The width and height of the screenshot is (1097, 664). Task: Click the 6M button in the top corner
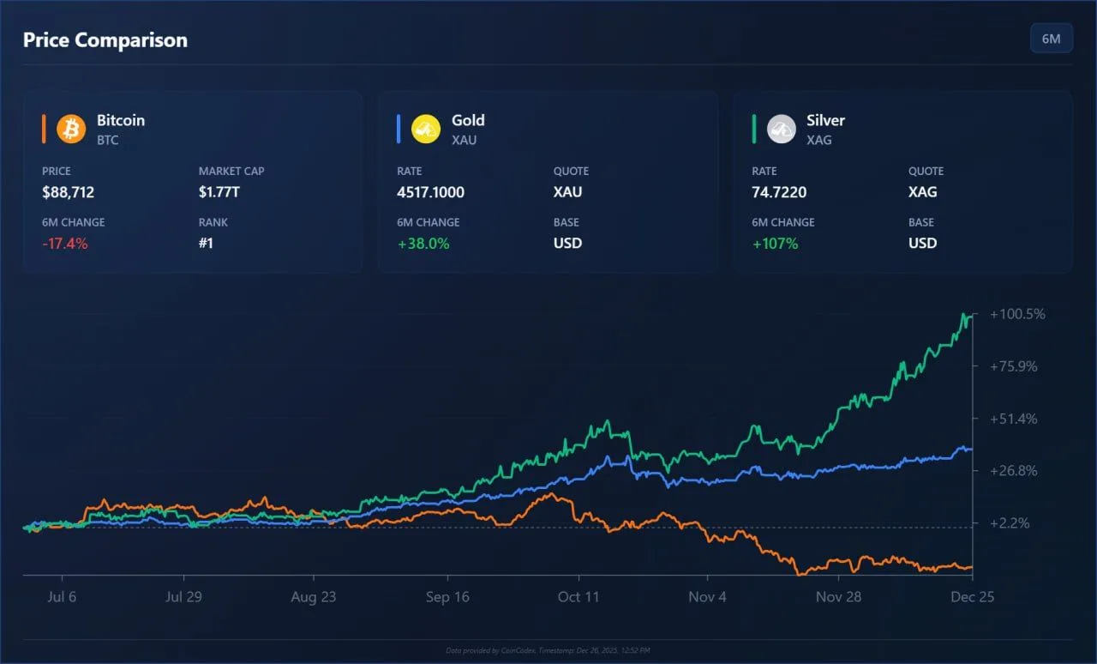tap(1051, 39)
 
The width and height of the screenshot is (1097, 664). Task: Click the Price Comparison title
tap(105, 39)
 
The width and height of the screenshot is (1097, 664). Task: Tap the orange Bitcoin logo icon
tap(71, 129)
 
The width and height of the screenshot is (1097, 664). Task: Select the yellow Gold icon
tap(426, 129)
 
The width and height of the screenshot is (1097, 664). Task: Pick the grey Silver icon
tap(781, 129)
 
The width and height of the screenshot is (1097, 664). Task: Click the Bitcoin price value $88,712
tap(68, 192)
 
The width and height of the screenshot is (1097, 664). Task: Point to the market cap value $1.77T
tap(219, 192)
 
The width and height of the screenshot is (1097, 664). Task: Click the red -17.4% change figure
tap(65, 243)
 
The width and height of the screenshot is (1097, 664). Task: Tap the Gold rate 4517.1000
tap(430, 192)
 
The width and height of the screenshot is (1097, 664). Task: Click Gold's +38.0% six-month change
tap(423, 243)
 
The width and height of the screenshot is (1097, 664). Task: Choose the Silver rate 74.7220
tap(779, 192)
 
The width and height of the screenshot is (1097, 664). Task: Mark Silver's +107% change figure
tap(775, 243)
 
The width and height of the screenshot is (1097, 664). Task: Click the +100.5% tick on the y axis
tap(1017, 314)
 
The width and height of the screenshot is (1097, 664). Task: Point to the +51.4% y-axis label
tap(1014, 419)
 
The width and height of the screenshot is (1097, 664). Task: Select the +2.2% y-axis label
tap(1010, 523)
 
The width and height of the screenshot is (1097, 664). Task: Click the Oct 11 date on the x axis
tap(578, 597)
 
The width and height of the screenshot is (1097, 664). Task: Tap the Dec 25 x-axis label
tap(973, 597)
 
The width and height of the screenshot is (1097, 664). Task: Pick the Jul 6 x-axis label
tap(61, 597)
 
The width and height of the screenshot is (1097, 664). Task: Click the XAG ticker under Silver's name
tap(818, 140)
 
